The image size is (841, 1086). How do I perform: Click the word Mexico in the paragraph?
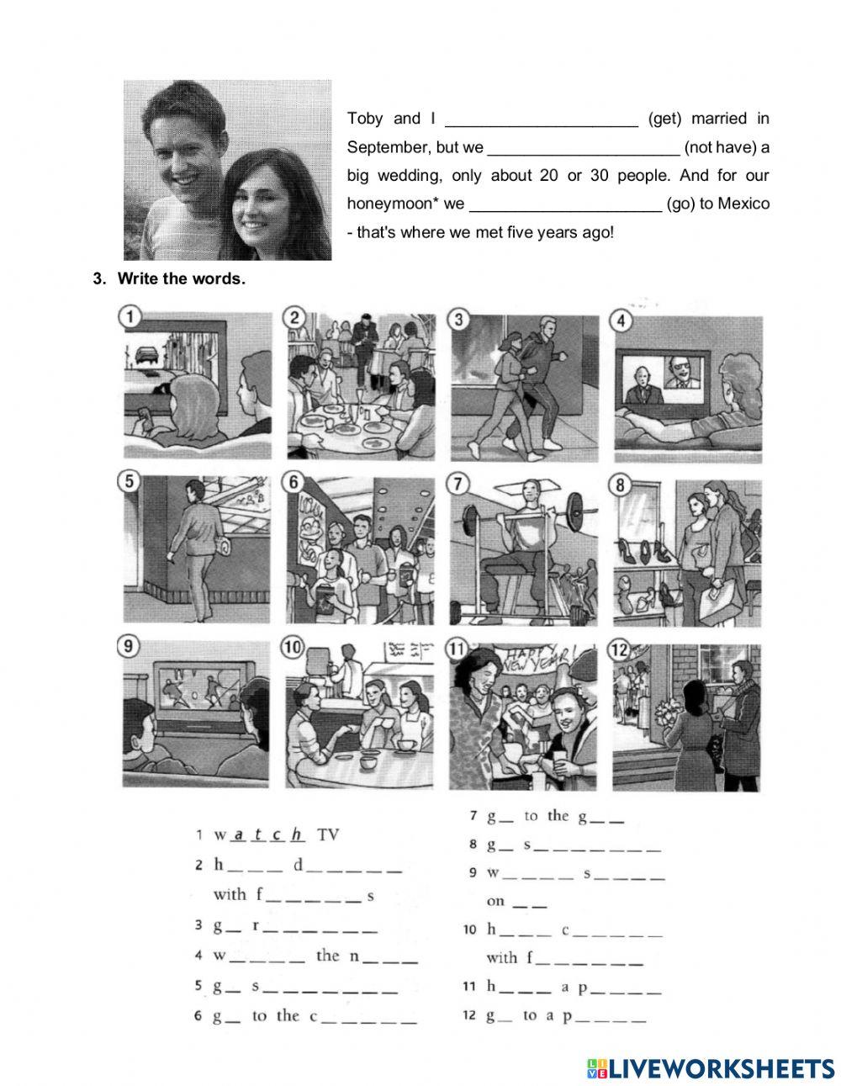pos(743,204)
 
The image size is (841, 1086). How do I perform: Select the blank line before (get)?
pos(541,119)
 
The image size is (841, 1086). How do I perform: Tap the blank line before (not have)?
pos(583,147)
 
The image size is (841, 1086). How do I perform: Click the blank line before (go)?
pos(566,204)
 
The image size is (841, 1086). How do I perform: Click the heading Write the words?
pos(181,279)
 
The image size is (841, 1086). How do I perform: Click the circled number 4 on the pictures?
pos(620,320)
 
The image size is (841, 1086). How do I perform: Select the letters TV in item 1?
pos(327,835)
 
